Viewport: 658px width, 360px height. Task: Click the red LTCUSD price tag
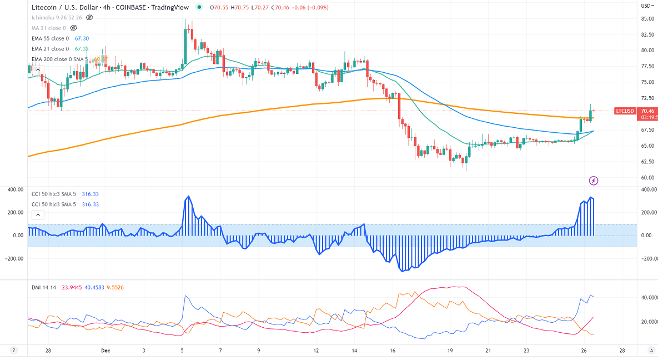625,111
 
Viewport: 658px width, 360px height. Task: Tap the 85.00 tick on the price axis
646,18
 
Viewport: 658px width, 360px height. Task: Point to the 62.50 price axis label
646,162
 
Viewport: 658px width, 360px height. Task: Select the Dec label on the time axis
105,351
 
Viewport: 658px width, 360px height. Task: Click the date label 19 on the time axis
450,351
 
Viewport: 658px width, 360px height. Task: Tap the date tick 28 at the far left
48,351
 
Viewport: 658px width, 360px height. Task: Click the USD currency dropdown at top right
646,6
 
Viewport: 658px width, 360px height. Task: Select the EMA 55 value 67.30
82,38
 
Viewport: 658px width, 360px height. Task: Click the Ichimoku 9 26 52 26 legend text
57,17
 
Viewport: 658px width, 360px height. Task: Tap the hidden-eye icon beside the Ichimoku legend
89,17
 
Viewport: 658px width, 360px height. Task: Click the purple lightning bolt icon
594,181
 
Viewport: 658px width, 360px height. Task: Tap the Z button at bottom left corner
13,350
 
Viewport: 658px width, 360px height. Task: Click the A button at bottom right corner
650,350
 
